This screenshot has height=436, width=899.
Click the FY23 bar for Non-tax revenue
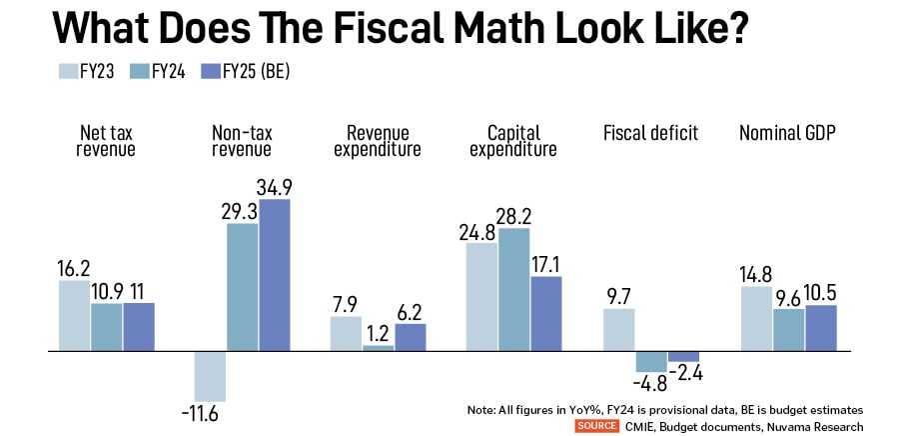click(210, 376)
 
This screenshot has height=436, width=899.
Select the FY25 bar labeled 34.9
click(274, 275)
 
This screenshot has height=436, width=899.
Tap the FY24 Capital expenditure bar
click(513, 290)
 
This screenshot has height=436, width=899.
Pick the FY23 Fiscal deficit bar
click(619, 330)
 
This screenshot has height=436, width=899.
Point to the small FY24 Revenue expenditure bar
click(378, 348)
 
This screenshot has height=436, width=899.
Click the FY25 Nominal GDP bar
click(820, 328)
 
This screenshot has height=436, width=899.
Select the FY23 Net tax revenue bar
click(75, 316)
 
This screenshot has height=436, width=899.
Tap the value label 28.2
click(513, 215)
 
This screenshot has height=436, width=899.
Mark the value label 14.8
click(756, 273)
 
